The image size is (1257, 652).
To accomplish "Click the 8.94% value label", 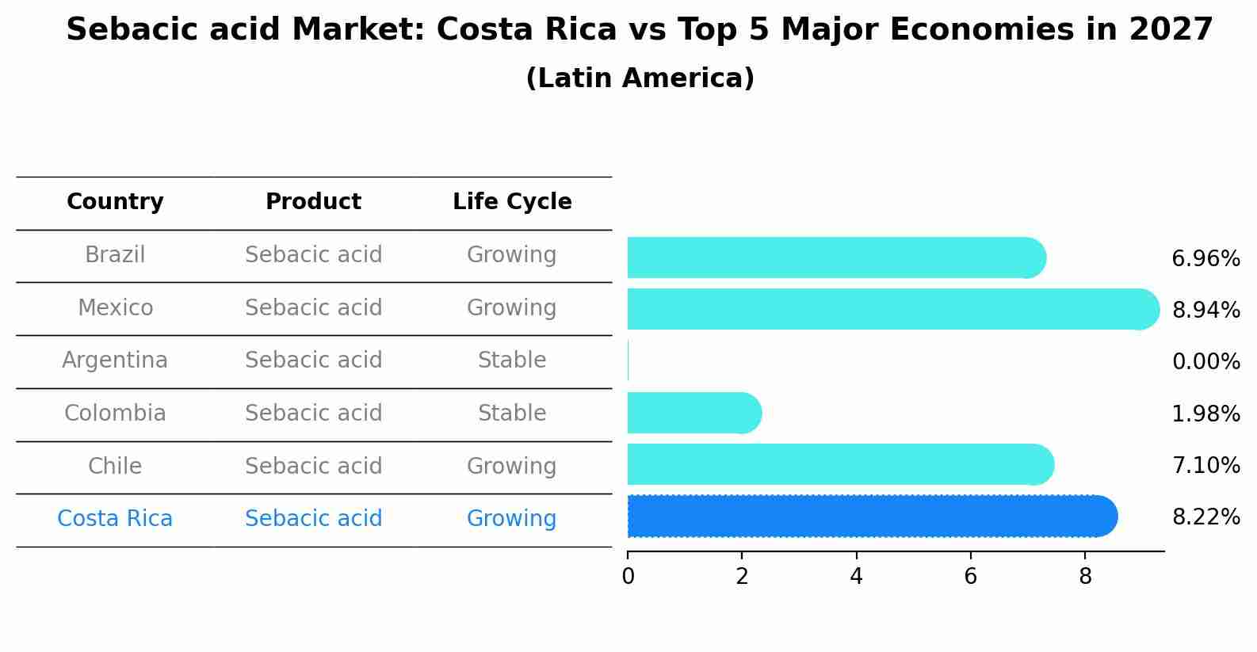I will click(x=1205, y=310).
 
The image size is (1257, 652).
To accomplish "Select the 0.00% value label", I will click(x=1205, y=362).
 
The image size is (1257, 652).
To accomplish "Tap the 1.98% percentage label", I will click(x=1205, y=414).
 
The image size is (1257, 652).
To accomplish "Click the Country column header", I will click(x=115, y=202).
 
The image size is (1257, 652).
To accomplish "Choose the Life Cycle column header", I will click(x=512, y=202).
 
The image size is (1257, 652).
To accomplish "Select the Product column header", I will click(x=313, y=202).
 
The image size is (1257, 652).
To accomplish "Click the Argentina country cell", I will click(x=115, y=360).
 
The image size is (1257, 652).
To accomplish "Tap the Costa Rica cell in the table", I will click(x=115, y=519).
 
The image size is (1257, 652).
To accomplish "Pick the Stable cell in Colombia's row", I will click(x=512, y=414).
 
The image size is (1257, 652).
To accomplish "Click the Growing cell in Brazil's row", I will click(x=512, y=255).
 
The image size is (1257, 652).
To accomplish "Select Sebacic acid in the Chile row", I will click(x=313, y=466).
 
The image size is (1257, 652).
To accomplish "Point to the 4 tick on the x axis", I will click(x=856, y=576).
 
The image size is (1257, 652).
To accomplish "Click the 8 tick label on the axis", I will click(x=1085, y=576).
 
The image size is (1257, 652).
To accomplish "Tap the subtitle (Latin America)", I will click(x=640, y=78).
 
